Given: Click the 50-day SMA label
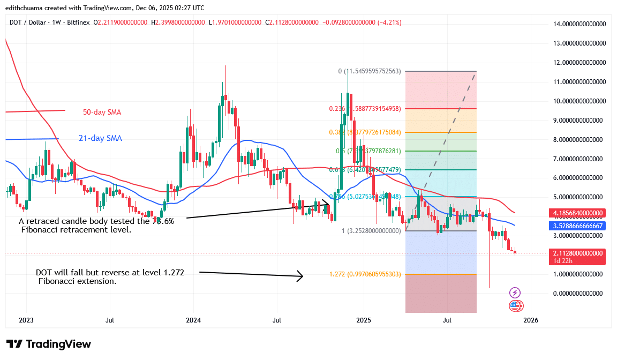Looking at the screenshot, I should (x=102, y=112).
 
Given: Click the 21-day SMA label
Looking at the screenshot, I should (x=100, y=138).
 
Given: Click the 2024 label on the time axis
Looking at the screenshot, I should (x=193, y=320).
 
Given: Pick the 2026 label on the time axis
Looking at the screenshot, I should (x=530, y=320).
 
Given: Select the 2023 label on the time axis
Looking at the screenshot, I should (x=26, y=320).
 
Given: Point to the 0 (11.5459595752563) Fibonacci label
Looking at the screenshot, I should (x=369, y=71).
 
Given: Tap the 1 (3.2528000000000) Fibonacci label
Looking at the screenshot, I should (x=371, y=231).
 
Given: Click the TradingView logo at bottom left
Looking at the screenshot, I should (x=49, y=344).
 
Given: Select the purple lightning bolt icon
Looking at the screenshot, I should (x=515, y=292).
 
